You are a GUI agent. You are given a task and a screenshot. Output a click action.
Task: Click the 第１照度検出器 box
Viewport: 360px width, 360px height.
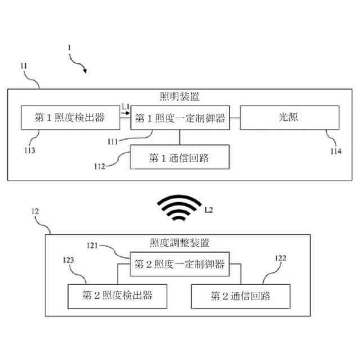pyautogui.click(x=70, y=118)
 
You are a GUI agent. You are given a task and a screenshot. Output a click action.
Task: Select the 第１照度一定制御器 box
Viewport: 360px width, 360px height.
pyautogui.click(x=179, y=118)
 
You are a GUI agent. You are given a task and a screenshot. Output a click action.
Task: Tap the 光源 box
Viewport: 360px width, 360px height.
pyautogui.click(x=290, y=118)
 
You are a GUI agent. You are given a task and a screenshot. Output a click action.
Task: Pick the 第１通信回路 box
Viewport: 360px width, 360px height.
pyautogui.click(x=179, y=157)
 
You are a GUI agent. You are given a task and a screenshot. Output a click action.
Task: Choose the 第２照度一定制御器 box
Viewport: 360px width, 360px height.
pyautogui.click(x=179, y=263)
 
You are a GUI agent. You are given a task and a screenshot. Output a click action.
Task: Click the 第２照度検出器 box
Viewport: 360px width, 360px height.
pyautogui.click(x=118, y=295)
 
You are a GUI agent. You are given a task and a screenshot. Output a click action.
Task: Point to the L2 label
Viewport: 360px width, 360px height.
pyautogui.click(x=209, y=210)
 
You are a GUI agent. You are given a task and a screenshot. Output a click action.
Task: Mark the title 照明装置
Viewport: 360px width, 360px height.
pyautogui.click(x=179, y=96)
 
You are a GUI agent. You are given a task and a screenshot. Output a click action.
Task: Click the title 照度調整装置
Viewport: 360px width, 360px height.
pyautogui.click(x=179, y=243)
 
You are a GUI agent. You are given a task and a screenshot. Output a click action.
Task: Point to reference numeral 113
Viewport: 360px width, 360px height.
pyautogui.click(x=29, y=150)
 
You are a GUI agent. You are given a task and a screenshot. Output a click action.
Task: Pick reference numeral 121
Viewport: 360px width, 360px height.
pyautogui.click(x=93, y=246)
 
